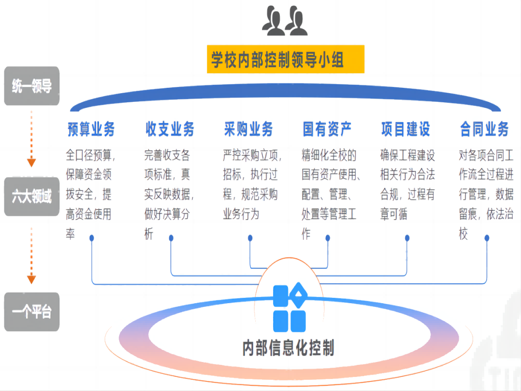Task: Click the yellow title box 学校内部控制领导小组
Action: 285,59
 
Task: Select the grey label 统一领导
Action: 32,86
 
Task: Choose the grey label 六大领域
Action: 32,196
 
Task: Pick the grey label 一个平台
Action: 32,312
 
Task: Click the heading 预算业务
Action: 91,129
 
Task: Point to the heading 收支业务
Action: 170,129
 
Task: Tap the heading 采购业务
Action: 248,129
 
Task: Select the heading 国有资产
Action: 327,129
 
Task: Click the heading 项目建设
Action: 406,129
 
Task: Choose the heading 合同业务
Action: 484,129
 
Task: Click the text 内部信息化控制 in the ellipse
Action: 288,348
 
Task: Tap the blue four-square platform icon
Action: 289,307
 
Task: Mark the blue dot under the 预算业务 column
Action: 92,237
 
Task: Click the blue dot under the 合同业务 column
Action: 487,237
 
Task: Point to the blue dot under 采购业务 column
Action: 250,237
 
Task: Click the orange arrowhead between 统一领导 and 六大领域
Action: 31,162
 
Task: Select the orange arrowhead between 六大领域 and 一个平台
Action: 31,279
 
